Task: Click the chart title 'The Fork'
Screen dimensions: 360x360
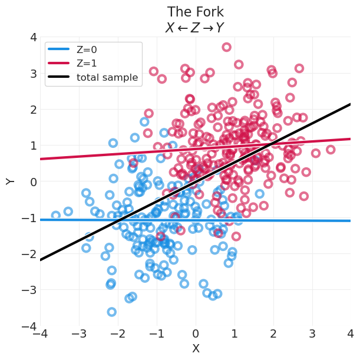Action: pos(196,12)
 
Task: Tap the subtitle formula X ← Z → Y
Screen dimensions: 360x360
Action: pos(196,27)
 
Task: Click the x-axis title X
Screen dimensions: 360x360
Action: pos(196,349)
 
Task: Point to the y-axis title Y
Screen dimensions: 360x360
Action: pos(11,181)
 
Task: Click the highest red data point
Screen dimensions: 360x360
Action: pos(226,47)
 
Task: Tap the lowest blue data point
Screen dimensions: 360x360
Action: pos(112,312)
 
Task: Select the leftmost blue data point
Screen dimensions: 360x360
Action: pos(56,216)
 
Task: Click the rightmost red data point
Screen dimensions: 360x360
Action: pos(331,150)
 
